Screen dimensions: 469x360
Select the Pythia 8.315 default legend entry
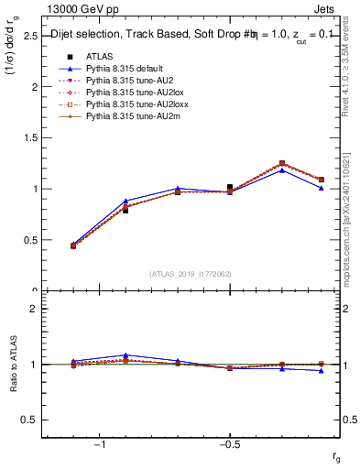click(x=122, y=69)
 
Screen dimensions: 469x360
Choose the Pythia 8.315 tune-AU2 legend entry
click(x=119, y=81)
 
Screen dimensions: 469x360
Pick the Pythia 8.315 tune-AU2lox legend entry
click(x=123, y=93)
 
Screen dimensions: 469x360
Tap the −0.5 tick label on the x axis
click(x=229, y=444)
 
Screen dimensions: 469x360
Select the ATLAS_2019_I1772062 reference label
click(x=190, y=273)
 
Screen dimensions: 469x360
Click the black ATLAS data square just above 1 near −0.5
click(x=230, y=187)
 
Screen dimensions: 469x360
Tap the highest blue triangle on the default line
click(x=282, y=170)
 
